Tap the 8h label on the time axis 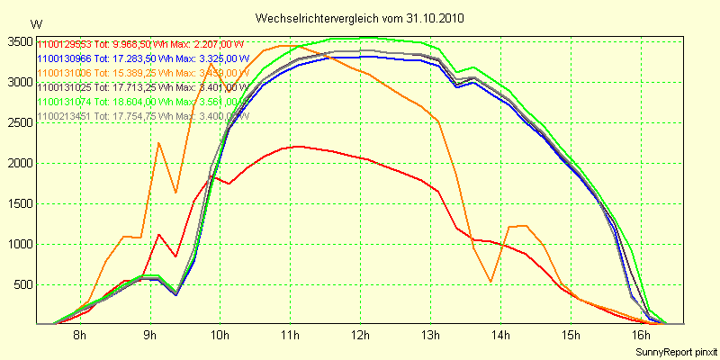pos(79,336)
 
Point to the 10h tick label pos(220,336)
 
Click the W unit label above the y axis pos(35,23)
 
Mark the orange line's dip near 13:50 pos(490,282)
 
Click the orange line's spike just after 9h pos(158,143)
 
